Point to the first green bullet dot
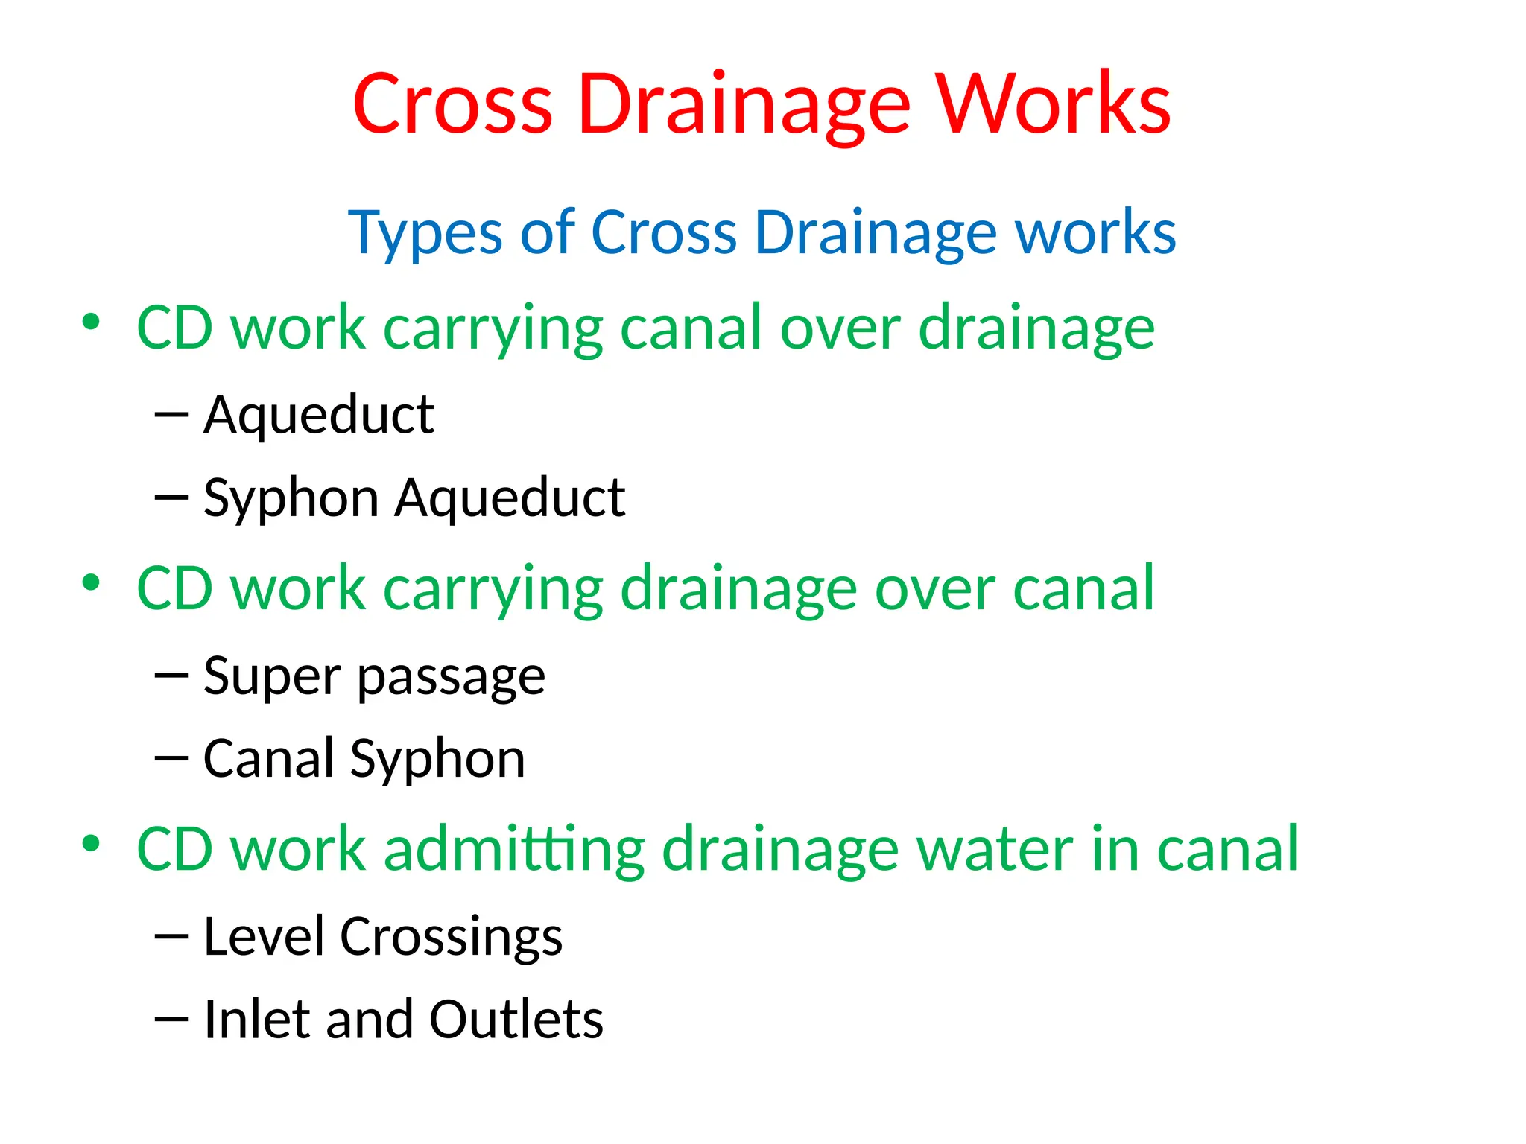pos(91,322)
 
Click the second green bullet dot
pos(91,583)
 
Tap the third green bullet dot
pos(91,844)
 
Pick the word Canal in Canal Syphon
pos(268,758)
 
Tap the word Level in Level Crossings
pos(264,936)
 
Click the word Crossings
pos(451,938)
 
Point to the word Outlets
pos(516,1019)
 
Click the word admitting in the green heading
pos(513,850)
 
